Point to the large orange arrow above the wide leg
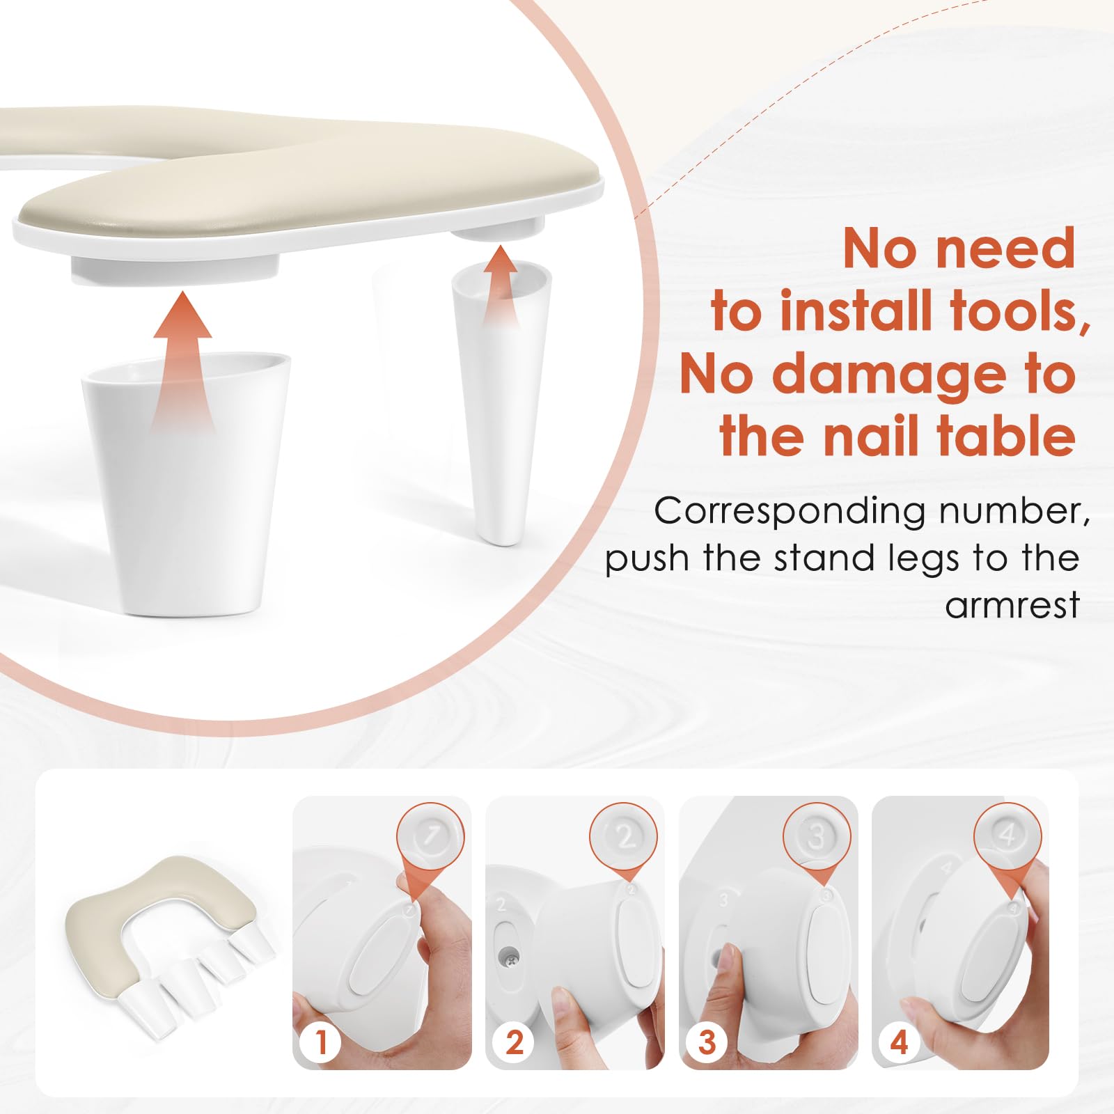click(x=182, y=362)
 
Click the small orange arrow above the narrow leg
click(x=501, y=284)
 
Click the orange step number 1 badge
click(x=321, y=1042)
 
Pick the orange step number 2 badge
click(x=514, y=1042)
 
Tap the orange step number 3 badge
click(x=707, y=1042)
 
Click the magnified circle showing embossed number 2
click(x=624, y=836)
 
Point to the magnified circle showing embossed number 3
click(x=817, y=836)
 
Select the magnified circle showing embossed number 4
click(x=1008, y=836)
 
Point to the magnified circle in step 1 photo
click(x=431, y=836)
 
